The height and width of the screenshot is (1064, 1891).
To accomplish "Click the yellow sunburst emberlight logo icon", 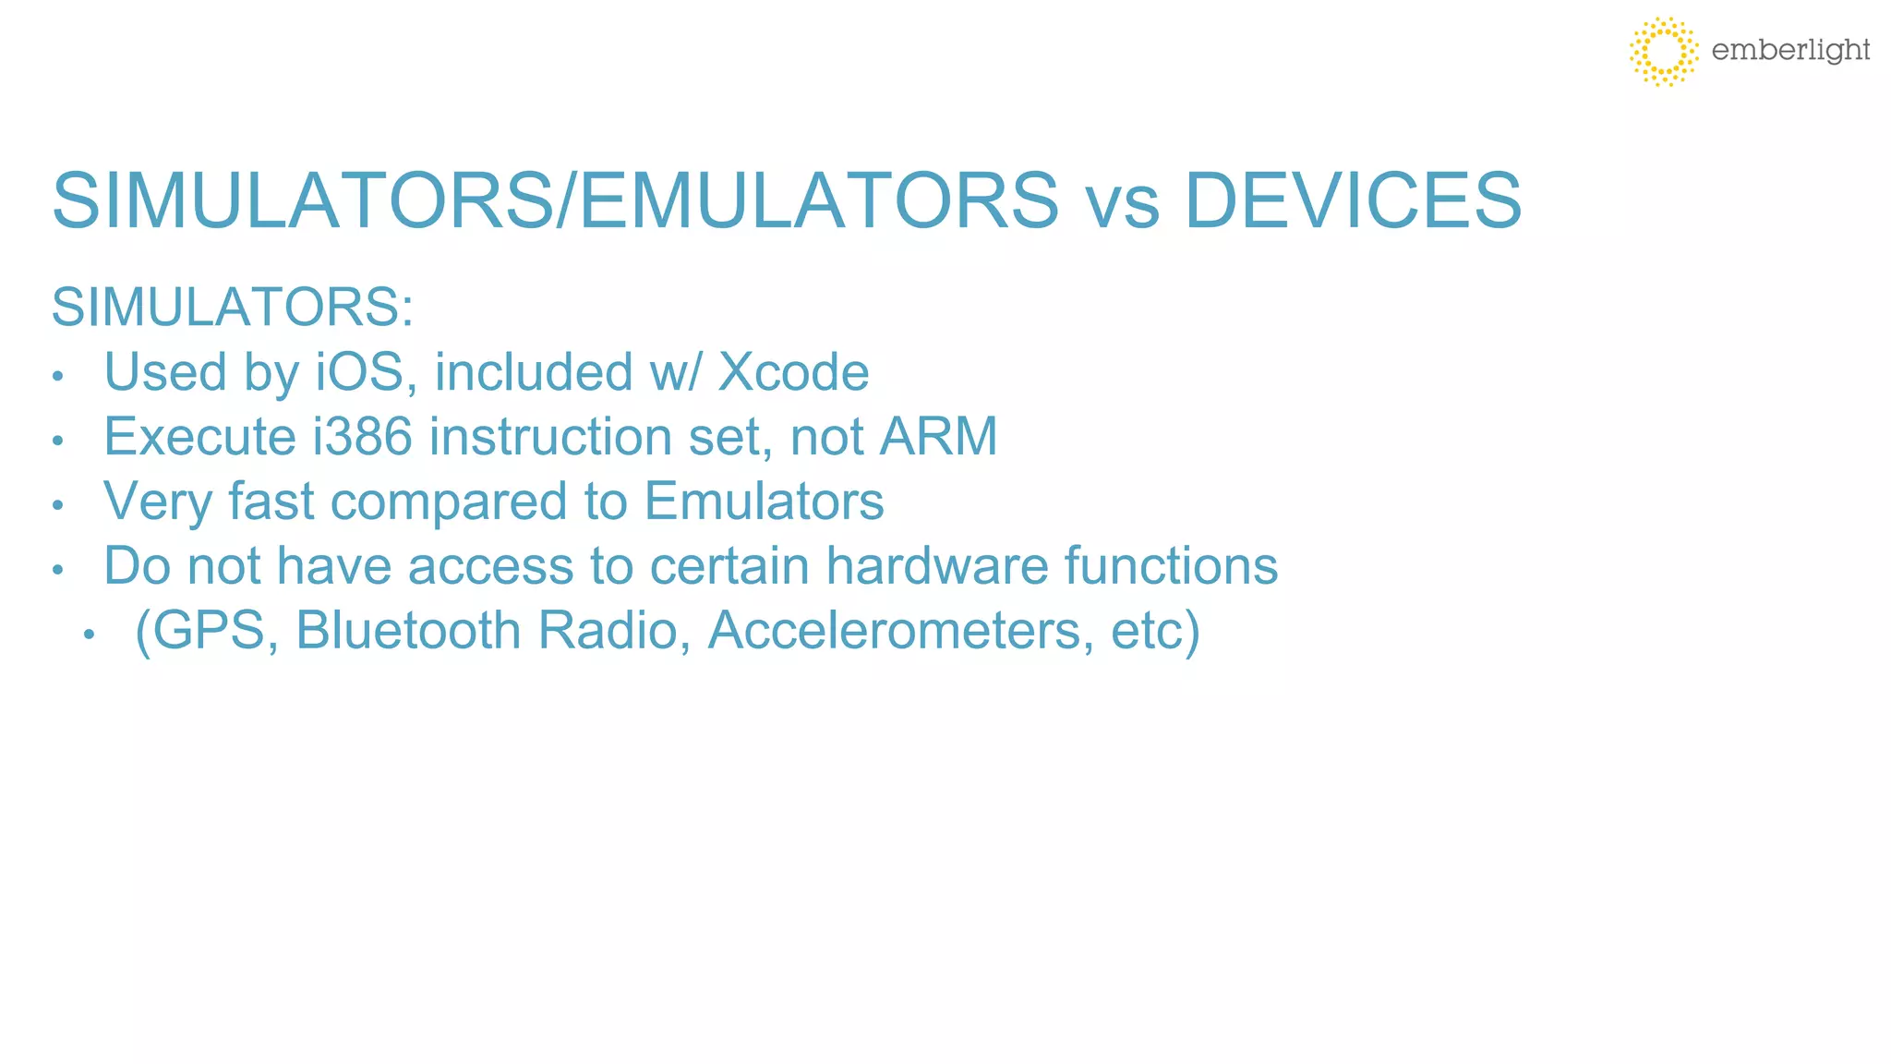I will point(1663,51).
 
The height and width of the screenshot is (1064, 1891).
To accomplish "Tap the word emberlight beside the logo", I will point(1789,50).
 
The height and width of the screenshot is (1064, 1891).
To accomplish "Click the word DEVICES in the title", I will point(1352,200).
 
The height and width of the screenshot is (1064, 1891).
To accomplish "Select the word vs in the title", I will point(1121,203).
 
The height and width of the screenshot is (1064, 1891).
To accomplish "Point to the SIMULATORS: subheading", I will point(232,308).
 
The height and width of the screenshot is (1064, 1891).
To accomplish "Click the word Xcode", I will point(793,372).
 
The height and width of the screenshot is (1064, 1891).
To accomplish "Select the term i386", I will point(362,437).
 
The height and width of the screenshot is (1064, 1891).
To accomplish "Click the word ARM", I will point(938,437).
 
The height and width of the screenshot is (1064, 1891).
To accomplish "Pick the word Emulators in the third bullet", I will point(764,502).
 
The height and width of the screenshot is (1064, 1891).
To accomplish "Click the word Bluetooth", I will point(408,631).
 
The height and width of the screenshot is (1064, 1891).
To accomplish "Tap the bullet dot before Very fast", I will point(57,505).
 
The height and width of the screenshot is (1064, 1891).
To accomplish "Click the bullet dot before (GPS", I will point(89,635).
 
